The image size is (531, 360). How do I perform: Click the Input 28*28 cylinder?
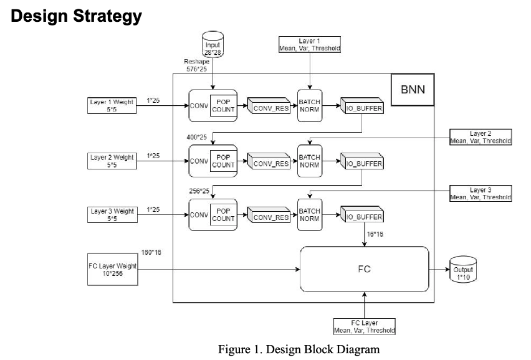point(213,45)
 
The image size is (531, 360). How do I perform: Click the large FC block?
point(365,269)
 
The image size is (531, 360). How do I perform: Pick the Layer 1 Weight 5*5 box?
point(112,105)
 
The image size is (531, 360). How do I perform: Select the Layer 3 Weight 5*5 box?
point(112,215)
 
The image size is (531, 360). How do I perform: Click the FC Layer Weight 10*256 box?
point(112,269)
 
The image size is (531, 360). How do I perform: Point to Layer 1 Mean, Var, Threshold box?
point(309,44)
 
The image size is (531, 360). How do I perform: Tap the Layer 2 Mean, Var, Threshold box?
point(480,137)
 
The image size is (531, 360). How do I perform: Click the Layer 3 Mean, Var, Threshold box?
point(480,192)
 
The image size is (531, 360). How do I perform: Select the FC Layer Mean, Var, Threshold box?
point(365,327)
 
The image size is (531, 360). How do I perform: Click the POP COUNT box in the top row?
point(223,105)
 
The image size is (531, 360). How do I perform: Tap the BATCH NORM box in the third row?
point(309,215)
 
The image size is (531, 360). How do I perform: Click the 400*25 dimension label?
point(197,136)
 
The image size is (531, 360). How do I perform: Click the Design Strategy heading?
point(76,16)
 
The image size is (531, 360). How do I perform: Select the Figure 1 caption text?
point(298,349)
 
